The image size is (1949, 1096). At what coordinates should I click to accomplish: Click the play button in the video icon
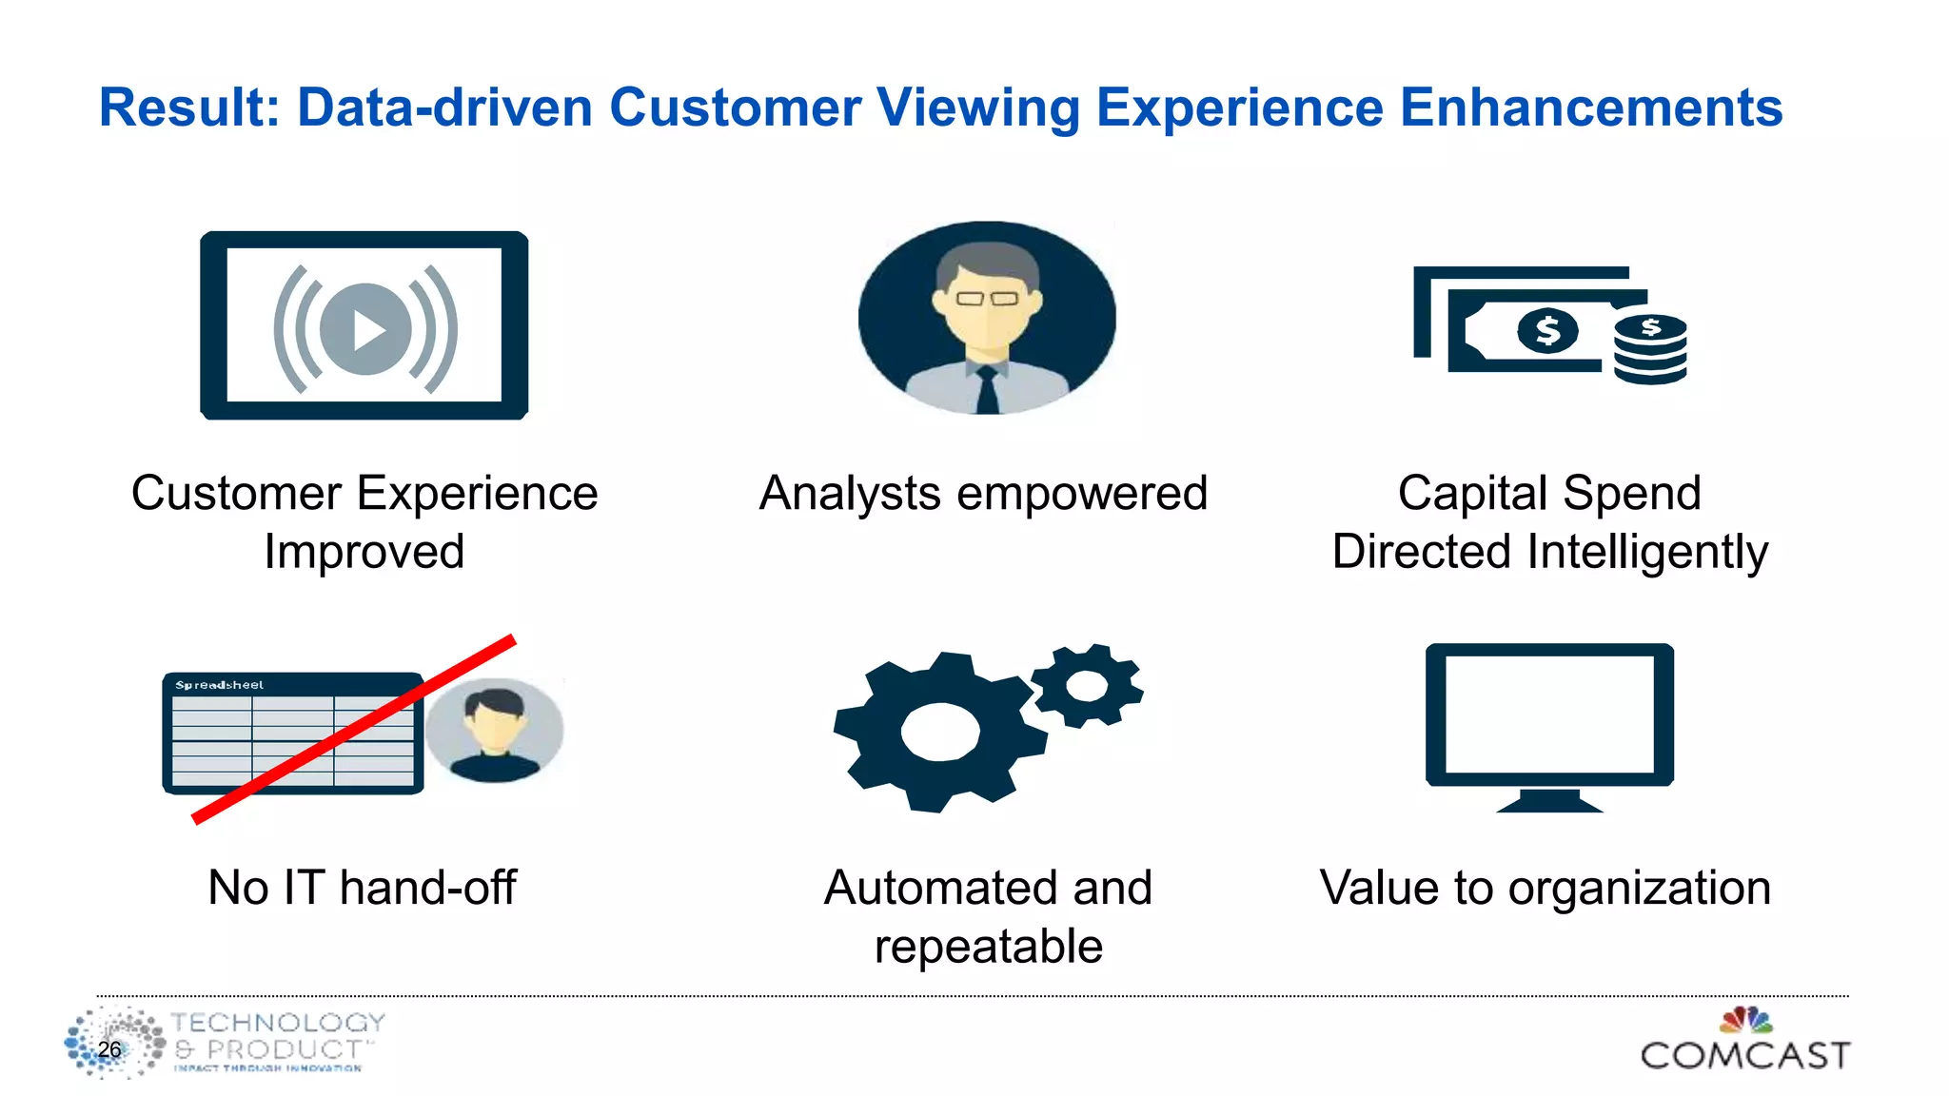pos(366,330)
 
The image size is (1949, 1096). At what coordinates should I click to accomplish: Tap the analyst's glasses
pos(987,299)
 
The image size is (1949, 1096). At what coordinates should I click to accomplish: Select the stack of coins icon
pos(1651,349)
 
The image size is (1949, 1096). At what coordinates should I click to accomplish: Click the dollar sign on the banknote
pos(1547,331)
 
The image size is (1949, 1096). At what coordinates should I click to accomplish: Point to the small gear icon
pos(1088,685)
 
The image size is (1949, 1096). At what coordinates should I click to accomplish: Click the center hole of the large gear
pos(940,733)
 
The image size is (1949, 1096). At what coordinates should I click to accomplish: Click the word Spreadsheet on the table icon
pos(220,685)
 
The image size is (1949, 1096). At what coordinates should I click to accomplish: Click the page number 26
pos(109,1049)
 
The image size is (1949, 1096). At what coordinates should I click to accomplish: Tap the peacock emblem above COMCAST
pos(1745,1020)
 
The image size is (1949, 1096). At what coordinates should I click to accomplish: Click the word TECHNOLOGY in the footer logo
pos(278,1023)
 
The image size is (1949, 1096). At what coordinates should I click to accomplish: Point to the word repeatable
pos(988,947)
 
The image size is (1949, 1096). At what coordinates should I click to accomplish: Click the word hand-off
pos(427,888)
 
